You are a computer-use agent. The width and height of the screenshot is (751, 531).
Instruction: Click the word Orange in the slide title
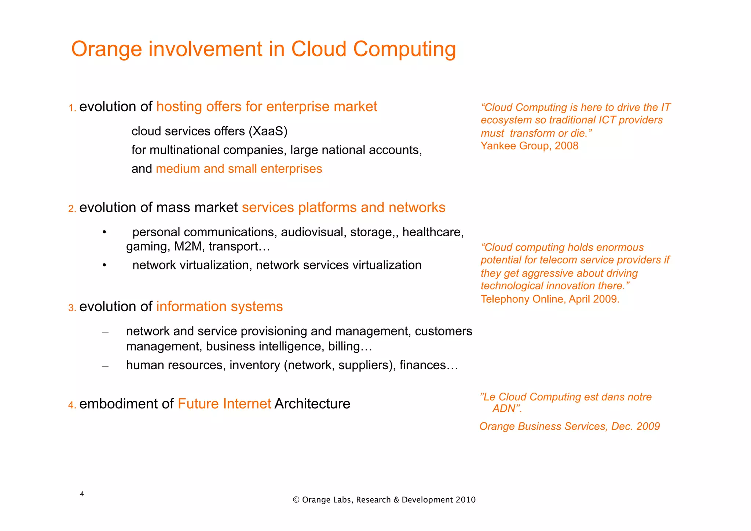106,49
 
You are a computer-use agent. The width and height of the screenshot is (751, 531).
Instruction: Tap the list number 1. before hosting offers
72,108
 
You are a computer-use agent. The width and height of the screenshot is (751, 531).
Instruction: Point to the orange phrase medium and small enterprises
239,169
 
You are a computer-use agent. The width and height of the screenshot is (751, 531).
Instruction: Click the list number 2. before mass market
72,209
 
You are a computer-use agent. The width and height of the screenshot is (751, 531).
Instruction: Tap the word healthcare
433,232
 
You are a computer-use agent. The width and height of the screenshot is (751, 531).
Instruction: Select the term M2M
188,246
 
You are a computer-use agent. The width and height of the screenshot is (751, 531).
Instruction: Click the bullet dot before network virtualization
105,265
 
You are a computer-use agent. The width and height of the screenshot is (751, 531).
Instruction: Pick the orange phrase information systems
219,307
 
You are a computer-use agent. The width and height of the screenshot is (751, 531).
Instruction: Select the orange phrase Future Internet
224,404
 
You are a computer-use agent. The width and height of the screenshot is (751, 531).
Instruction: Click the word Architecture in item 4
312,404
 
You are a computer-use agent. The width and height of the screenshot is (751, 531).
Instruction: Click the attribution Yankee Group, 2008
529,146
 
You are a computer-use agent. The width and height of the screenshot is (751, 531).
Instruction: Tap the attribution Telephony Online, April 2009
550,299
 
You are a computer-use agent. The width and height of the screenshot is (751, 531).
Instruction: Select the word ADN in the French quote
504,409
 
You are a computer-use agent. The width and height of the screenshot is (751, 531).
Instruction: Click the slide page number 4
82,494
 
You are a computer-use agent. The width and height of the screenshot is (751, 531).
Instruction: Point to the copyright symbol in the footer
296,500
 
